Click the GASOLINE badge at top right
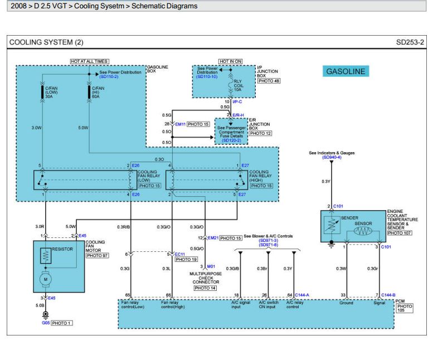tap(345, 71)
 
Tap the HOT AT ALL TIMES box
tap(89, 61)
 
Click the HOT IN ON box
tap(230, 61)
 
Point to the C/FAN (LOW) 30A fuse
tap(44, 91)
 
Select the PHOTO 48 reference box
tap(269, 81)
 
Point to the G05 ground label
tap(45, 323)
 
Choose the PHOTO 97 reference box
tap(97, 255)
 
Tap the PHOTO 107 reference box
tap(399, 233)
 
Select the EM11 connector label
tap(179, 124)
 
